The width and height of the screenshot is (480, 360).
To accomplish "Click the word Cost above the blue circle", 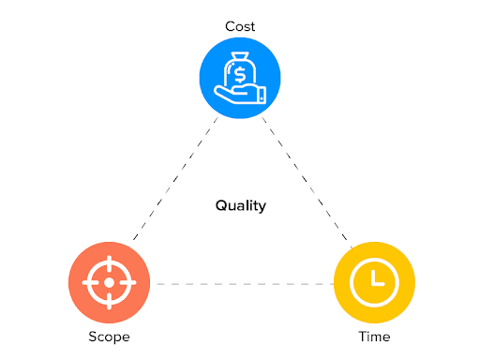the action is click(x=240, y=26).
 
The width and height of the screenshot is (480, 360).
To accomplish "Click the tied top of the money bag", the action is click(x=240, y=58).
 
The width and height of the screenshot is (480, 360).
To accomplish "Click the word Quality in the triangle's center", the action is click(x=240, y=205).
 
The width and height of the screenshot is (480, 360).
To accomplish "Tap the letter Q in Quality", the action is click(x=220, y=205).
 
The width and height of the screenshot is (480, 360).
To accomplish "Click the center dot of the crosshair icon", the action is click(x=109, y=282).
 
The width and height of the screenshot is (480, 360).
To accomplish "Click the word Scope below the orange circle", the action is click(x=109, y=336).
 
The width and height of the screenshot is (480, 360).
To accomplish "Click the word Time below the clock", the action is click(x=374, y=336).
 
